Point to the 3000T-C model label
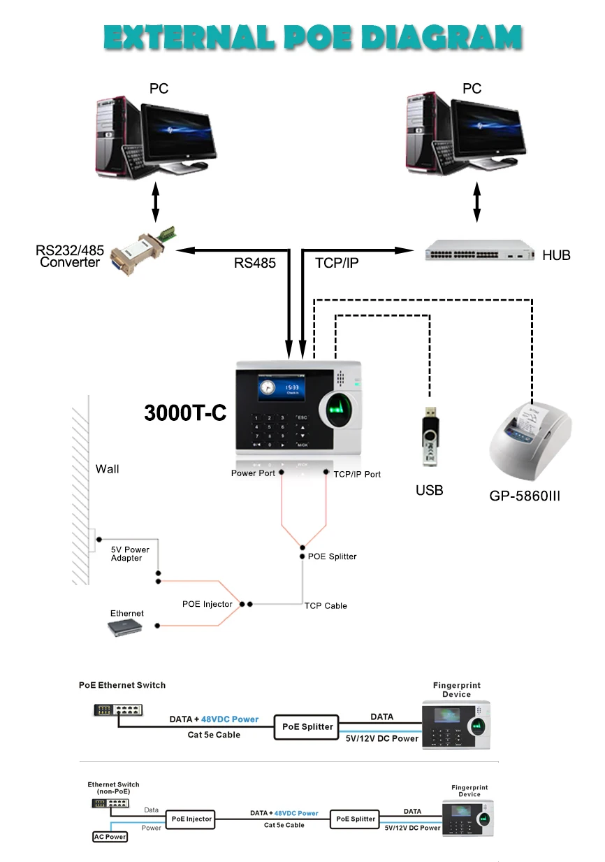point(185,412)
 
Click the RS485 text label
point(254,263)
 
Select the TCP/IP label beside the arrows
point(337,263)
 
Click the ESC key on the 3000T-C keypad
point(302,418)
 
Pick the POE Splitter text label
point(332,556)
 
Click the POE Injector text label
point(207,604)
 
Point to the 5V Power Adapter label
point(130,554)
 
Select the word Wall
point(107,469)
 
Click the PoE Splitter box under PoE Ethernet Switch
point(307,726)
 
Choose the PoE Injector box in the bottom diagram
point(190,819)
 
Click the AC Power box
point(110,836)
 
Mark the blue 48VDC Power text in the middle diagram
point(230,719)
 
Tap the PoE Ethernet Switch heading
point(122,685)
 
